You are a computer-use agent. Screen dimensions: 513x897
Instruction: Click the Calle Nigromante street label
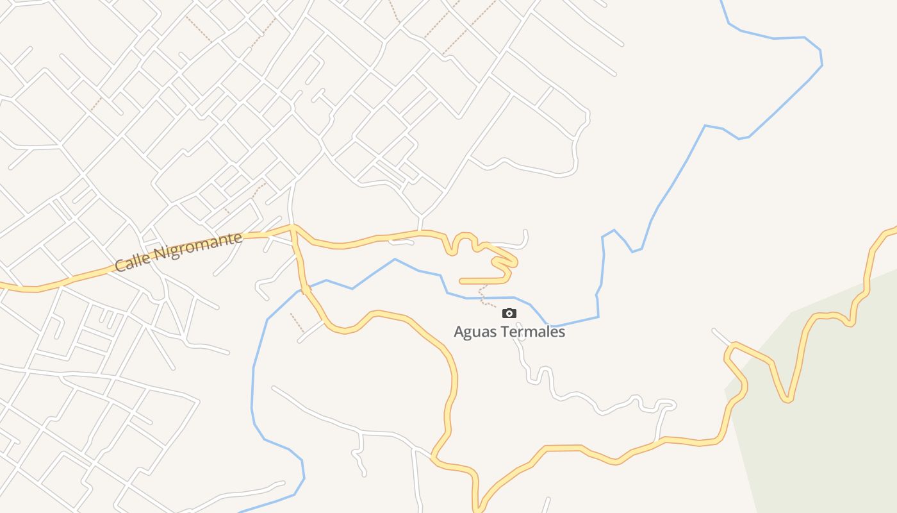tap(179, 252)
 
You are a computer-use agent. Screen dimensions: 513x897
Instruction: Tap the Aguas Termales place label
tap(509, 332)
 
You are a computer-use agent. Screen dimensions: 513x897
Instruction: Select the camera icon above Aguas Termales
tap(509, 313)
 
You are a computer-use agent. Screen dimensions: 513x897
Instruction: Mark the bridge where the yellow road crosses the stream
tap(306, 290)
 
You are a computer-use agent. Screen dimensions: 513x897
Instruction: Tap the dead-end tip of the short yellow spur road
tap(461, 281)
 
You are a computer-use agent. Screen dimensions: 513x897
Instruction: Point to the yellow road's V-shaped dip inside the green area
tap(787, 399)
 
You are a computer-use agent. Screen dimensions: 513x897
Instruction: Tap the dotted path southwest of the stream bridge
tap(296, 321)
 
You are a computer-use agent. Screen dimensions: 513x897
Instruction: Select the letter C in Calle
tap(119, 265)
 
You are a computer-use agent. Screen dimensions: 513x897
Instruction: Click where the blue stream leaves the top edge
tap(722, 2)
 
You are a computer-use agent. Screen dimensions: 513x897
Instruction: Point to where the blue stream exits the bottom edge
tap(242, 511)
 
